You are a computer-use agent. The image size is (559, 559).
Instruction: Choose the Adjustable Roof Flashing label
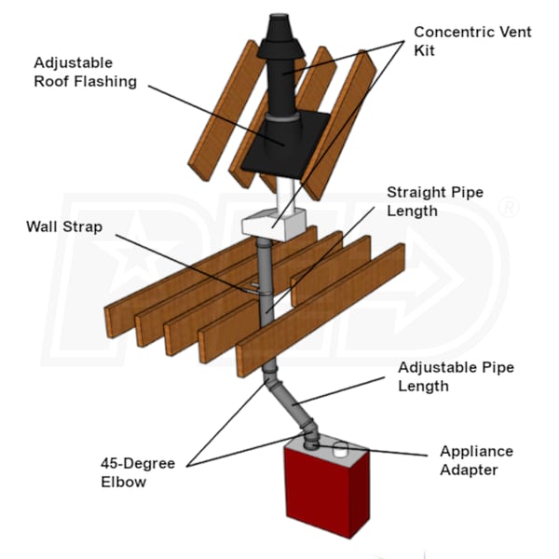pos(86,73)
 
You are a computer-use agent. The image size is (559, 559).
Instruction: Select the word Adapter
pos(468,469)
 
